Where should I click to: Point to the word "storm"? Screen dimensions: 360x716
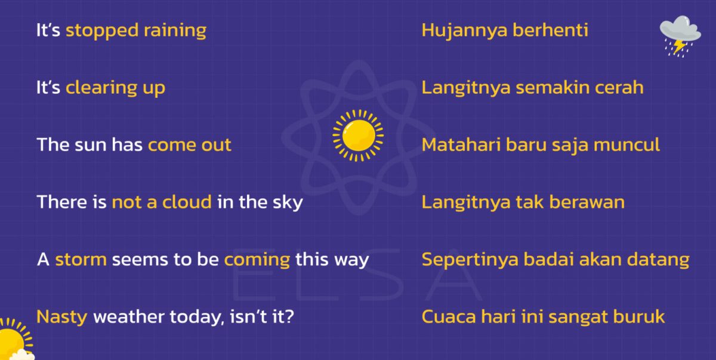click(x=81, y=260)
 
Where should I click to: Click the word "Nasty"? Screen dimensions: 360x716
click(x=62, y=316)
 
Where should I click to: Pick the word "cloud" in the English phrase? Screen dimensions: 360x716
click(x=187, y=202)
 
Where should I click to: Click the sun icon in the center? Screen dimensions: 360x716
click(x=358, y=135)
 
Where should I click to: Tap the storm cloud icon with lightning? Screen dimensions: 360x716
click(x=680, y=35)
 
